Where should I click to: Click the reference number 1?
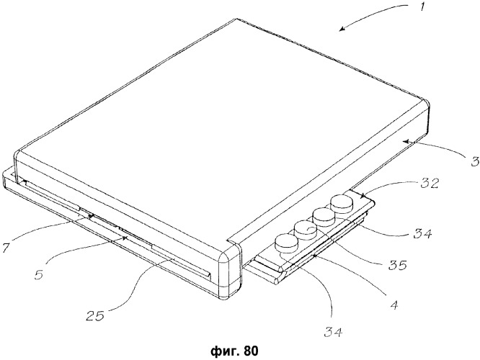point(422,6)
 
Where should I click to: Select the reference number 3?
point(475,161)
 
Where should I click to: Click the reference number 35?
point(397,265)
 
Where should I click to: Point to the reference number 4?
point(395,305)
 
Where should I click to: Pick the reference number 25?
point(95,315)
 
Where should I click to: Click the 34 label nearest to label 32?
point(422,234)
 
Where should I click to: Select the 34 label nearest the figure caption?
point(334,331)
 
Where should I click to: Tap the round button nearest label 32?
point(342,202)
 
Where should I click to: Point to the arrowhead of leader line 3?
point(405,141)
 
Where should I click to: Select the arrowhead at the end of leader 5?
point(124,238)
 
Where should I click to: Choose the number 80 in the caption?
point(252,350)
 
